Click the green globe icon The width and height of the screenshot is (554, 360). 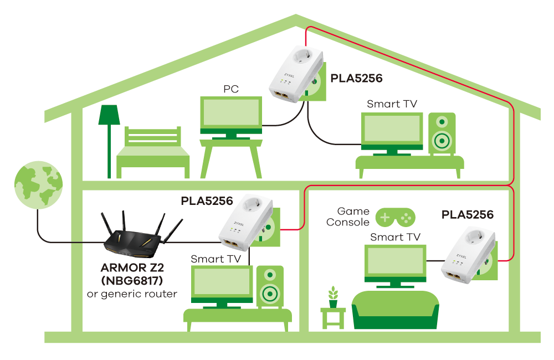click(39, 185)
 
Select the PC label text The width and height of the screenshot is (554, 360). click(231, 89)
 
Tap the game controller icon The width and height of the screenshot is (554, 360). click(396, 217)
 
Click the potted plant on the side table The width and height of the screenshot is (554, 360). click(333, 297)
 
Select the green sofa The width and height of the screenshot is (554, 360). click(396, 310)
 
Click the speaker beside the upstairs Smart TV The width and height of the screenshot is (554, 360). click(442, 133)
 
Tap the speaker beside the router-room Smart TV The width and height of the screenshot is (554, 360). click(270, 286)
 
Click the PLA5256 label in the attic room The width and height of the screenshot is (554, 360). click(356, 79)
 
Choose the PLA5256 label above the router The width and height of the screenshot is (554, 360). click(207, 201)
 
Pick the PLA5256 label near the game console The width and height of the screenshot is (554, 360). click(468, 215)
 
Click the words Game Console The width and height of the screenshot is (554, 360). click(348, 217)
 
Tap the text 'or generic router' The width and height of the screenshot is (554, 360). click(132, 294)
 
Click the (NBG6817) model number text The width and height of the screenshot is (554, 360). click(132, 281)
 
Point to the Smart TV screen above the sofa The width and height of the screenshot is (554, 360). click(396, 261)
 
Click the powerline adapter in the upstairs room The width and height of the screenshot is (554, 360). click(296, 74)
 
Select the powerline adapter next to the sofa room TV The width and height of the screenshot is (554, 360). click(469, 255)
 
